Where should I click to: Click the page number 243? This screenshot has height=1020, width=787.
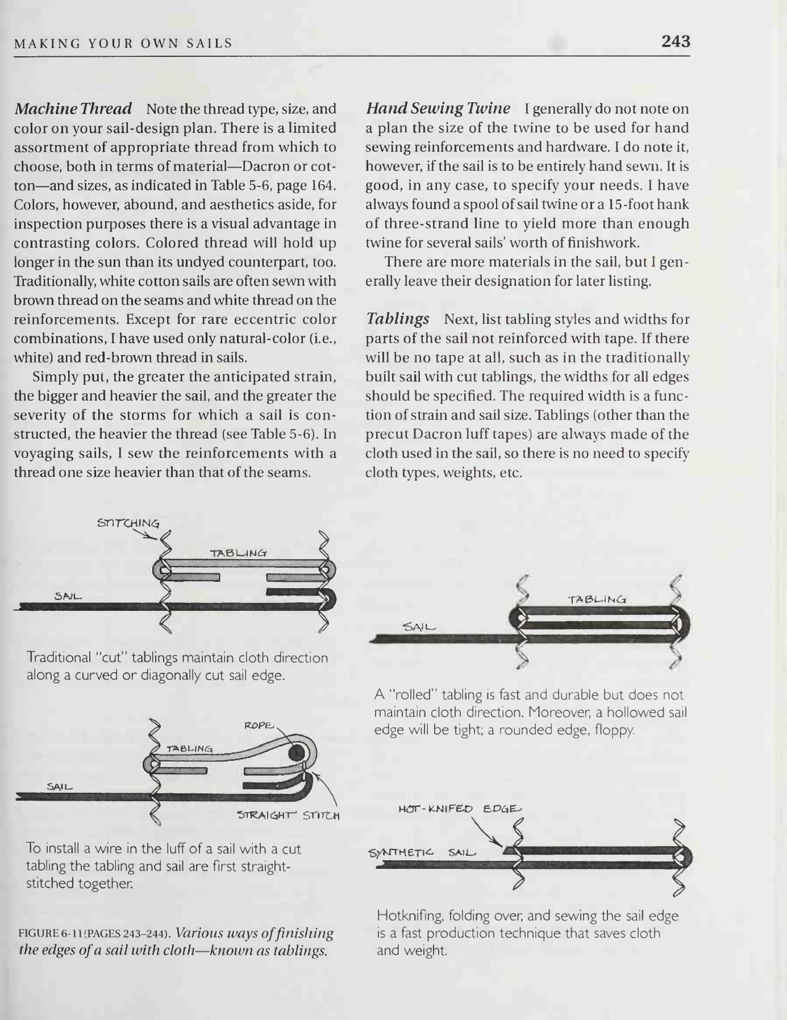pyautogui.click(x=675, y=41)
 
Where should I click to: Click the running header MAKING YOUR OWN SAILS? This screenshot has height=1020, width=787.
pyautogui.click(x=123, y=43)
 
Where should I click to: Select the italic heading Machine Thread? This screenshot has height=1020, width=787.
pyautogui.click(x=73, y=108)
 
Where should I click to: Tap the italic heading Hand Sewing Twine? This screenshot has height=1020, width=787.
pyautogui.click(x=438, y=108)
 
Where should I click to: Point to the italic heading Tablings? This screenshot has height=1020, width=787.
pyautogui.click(x=397, y=319)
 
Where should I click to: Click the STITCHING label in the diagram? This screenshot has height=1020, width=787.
pyautogui.click(x=128, y=523)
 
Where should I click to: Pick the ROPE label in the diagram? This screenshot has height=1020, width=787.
pyautogui.click(x=259, y=726)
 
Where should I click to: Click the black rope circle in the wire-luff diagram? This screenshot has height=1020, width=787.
pyautogui.click(x=295, y=753)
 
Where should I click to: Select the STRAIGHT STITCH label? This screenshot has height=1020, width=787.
pyautogui.click(x=288, y=817)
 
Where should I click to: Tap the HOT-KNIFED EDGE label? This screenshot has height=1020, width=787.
pyautogui.click(x=459, y=809)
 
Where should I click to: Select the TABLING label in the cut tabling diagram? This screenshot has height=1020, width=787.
pyautogui.click(x=238, y=553)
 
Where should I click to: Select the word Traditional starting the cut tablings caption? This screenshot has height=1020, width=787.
pyautogui.click(x=59, y=657)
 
